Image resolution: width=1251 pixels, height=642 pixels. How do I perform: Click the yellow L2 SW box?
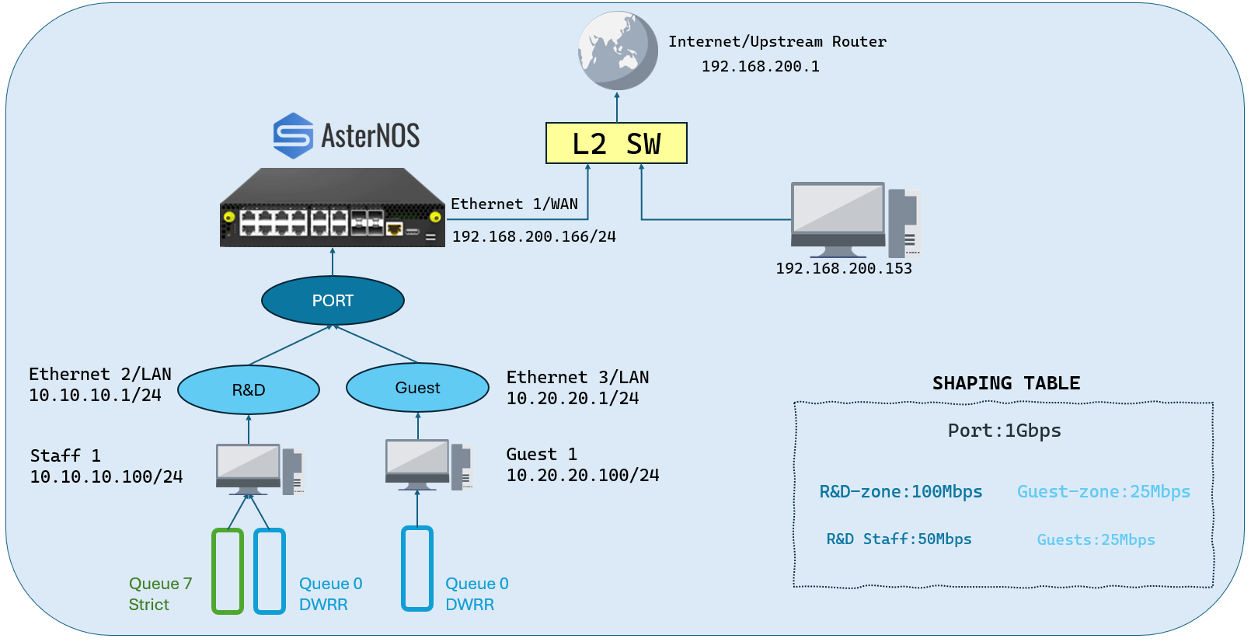(x=616, y=143)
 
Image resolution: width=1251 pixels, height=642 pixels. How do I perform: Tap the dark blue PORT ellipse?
(x=333, y=300)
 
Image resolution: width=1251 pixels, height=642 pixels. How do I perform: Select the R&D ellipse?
(x=249, y=389)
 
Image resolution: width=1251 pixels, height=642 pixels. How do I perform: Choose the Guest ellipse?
(x=418, y=387)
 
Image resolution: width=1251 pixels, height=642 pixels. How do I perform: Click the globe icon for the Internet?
(x=617, y=51)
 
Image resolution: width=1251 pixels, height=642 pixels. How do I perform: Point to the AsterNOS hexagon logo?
(x=293, y=135)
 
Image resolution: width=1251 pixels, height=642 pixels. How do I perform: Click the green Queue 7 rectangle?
(x=228, y=571)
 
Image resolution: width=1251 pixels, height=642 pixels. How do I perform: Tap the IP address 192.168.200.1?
(x=760, y=67)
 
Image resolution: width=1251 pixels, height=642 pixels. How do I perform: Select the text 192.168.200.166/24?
(x=534, y=236)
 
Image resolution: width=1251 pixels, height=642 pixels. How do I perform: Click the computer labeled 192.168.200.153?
(x=855, y=220)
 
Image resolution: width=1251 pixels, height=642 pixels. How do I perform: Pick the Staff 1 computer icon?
(x=260, y=469)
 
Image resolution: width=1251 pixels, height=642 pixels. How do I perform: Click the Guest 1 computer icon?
(x=429, y=465)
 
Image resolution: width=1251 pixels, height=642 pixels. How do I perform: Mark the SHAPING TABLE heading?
(x=1005, y=383)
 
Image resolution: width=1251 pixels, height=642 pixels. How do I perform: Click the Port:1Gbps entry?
(x=1004, y=431)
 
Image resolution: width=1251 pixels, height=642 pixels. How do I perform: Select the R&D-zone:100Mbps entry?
(x=901, y=492)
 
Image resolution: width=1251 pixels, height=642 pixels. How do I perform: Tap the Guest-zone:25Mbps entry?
(x=1103, y=492)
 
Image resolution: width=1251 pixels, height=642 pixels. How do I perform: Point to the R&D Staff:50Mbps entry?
(x=898, y=539)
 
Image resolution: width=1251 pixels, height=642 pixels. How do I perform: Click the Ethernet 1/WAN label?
(x=514, y=204)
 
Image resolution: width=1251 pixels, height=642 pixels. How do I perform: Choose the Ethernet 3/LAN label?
(x=577, y=377)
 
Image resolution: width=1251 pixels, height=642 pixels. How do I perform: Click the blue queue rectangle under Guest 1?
(x=417, y=568)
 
